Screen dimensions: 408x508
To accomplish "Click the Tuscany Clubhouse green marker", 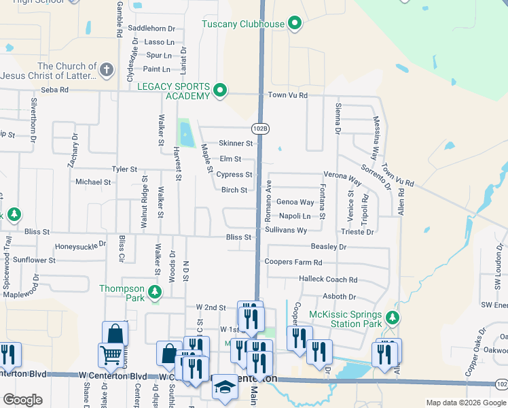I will point(295,24).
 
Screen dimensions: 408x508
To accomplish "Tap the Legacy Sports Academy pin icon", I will point(220,90).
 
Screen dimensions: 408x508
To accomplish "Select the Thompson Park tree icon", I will point(156,292).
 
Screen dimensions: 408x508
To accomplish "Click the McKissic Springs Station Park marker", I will point(392,318).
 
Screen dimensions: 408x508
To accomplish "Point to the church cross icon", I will point(106,70).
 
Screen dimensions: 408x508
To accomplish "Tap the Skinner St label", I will point(235,143).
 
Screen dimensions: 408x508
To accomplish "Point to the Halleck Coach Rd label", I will point(328,279).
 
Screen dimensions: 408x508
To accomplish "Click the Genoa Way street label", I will point(295,202).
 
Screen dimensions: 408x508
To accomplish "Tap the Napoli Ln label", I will point(295,216).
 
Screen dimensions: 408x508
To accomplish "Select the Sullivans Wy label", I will point(286,231).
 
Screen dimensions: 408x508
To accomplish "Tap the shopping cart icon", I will point(111,354).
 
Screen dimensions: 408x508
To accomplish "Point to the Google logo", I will point(22,400).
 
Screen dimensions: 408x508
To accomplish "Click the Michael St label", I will point(93,182).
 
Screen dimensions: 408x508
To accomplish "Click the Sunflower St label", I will point(35,260).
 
